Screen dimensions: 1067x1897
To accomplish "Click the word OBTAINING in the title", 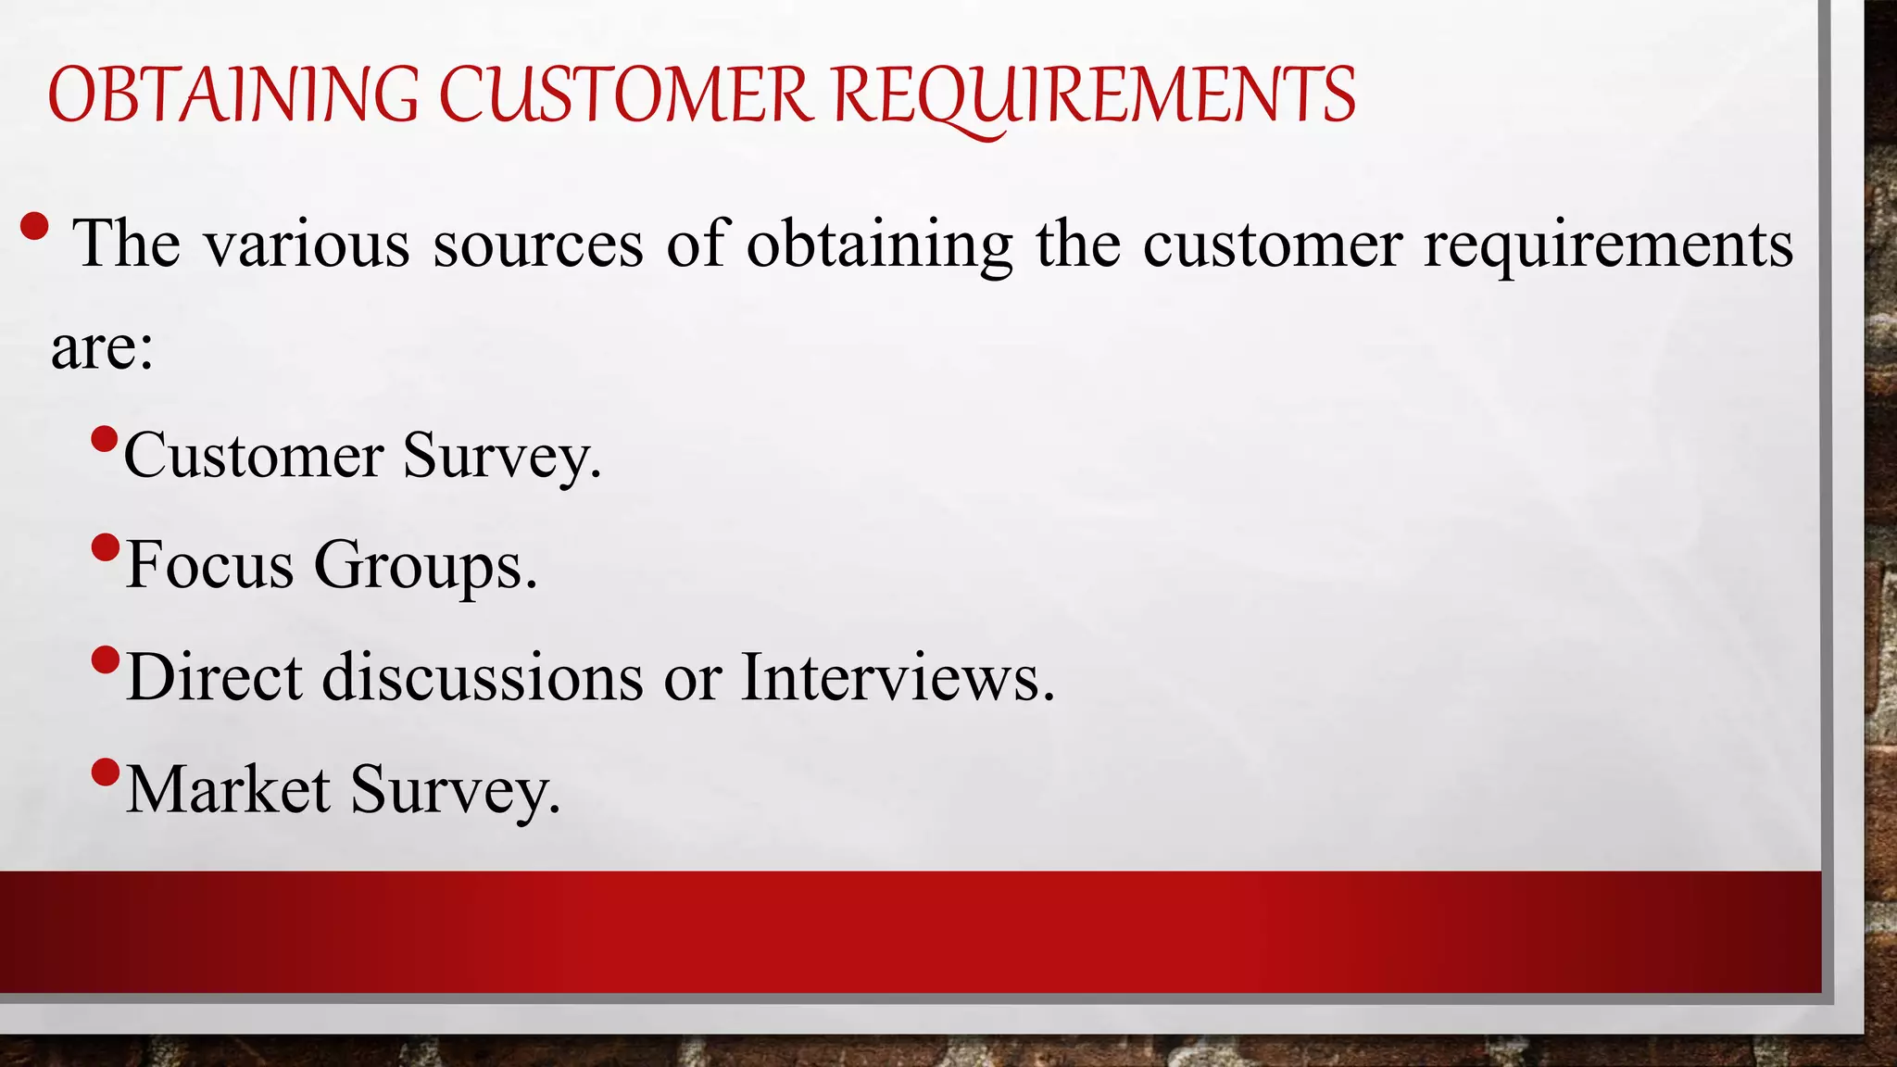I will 232,95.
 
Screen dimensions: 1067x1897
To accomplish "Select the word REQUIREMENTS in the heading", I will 1094,95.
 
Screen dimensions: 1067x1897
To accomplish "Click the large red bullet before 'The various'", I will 34,227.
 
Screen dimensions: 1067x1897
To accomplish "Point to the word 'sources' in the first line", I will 537,245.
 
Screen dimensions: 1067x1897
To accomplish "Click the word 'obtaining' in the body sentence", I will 879,245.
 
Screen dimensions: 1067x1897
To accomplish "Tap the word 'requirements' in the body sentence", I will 1608,245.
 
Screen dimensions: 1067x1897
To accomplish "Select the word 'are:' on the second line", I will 102,348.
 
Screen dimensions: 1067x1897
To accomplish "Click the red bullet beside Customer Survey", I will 106,437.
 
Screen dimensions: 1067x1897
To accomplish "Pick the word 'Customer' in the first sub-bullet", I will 253,456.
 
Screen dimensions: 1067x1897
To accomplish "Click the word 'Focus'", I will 209,564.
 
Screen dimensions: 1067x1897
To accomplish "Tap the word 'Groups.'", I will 425,566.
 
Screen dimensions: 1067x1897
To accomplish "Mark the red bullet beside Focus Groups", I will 106,547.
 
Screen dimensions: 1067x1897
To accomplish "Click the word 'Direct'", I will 214,676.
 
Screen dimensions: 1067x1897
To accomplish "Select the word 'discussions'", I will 482,676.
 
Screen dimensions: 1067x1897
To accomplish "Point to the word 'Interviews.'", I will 898,676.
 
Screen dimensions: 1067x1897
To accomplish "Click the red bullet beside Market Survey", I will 106,771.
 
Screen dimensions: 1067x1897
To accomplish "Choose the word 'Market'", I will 228,789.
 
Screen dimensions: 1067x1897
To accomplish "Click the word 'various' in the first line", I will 307,245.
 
